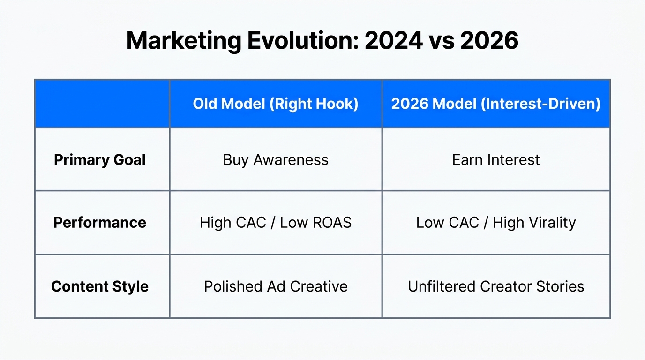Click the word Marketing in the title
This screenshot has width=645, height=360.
click(x=183, y=41)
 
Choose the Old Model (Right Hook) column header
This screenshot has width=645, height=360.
click(x=276, y=104)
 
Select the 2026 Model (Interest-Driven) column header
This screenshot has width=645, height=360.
click(x=496, y=104)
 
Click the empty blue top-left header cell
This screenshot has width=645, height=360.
click(x=102, y=104)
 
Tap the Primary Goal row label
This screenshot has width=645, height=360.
click(x=100, y=160)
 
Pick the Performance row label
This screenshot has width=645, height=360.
click(x=100, y=222)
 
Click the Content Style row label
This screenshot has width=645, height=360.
click(x=100, y=286)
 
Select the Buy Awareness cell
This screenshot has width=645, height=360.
click(x=276, y=160)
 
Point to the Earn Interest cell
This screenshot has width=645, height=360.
click(x=496, y=160)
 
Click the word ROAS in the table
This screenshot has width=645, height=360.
click(x=332, y=222)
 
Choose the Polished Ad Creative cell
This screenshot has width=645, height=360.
click(x=276, y=286)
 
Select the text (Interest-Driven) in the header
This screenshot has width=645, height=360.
click(x=540, y=104)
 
